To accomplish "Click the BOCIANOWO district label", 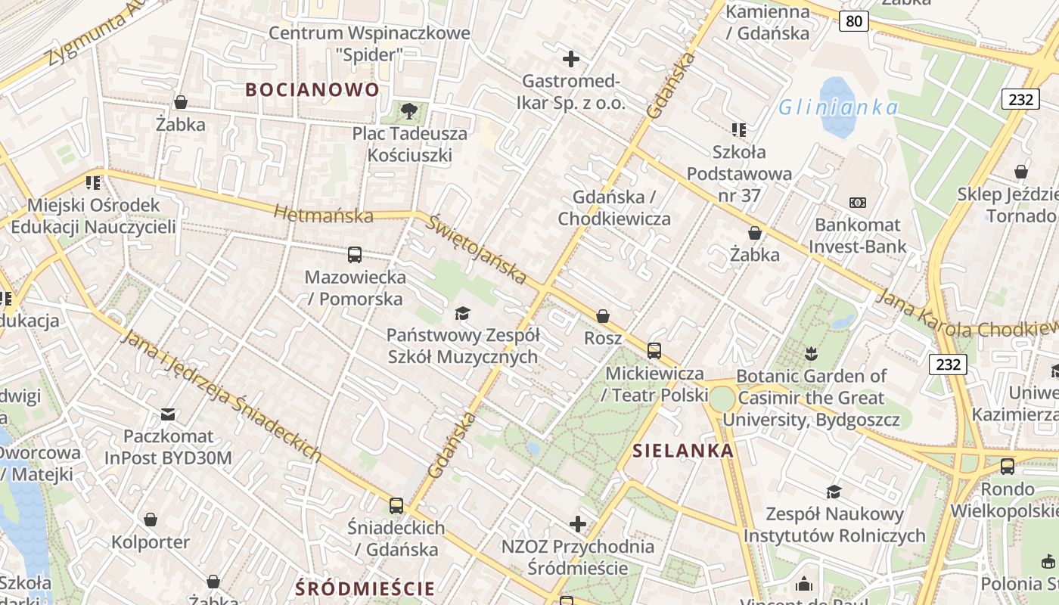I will (x=312, y=89).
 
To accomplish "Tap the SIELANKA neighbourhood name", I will (x=683, y=451).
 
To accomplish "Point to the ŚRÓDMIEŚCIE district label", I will (x=365, y=588).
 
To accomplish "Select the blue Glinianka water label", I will (x=838, y=107).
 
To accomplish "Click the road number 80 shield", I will (x=853, y=21).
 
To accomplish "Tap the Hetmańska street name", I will (x=324, y=215).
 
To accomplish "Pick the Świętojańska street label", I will (x=476, y=249).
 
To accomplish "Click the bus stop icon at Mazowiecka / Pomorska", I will (x=355, y=255).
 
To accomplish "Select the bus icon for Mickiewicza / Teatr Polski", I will (x=654, y=351).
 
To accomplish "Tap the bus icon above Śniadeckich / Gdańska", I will (x=396, y=506).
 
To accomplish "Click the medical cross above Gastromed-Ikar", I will (x=571, y=58).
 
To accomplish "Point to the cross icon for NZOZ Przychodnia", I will (x=578, y=523).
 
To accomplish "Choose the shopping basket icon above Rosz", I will (x=603, y=316).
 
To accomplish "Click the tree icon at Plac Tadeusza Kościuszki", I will (x=409, y=111).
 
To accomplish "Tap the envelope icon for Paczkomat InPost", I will (x=168, y=414).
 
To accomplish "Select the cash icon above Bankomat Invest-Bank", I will (x=858, y=203).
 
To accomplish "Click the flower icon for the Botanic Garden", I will (x=811, y=353).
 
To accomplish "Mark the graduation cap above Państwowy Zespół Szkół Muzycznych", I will (x=462, y=313).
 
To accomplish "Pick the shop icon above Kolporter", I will (x=151, y=520).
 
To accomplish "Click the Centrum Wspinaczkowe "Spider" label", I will (x=369, y=44).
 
